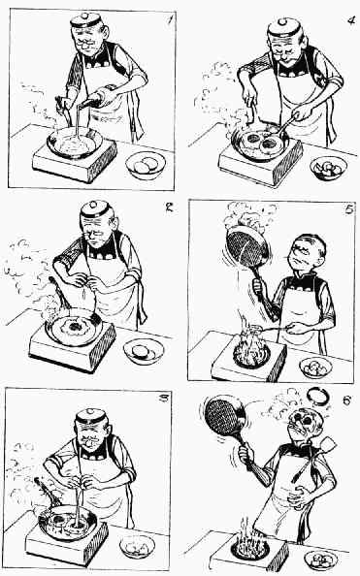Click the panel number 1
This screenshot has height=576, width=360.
click(x=170, y=18)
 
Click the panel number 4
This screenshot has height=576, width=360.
click(x=351, y=20)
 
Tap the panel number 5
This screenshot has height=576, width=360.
click(x=349, y=209)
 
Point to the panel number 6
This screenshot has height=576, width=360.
click(x=346, y=400)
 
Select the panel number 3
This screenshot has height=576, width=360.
click(x=164, y=398)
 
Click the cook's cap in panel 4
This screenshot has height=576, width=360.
click(x=283, y=27)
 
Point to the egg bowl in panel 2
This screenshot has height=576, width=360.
click(x=144, y=351)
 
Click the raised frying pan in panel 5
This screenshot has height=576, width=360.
click(x=247, y=245)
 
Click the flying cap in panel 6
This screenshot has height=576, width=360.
click(x=318, y=396)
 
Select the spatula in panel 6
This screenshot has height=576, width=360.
click(x=313, y=459)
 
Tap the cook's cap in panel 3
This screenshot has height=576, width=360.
click(x=91, y=416)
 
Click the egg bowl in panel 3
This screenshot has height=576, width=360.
click(x=137, y=547)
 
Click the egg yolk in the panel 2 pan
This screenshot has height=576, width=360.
click(x=75, y=326)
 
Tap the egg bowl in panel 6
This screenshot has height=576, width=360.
click(x=320, y=560)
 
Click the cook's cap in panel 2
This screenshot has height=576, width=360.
click(x=96, y=209)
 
